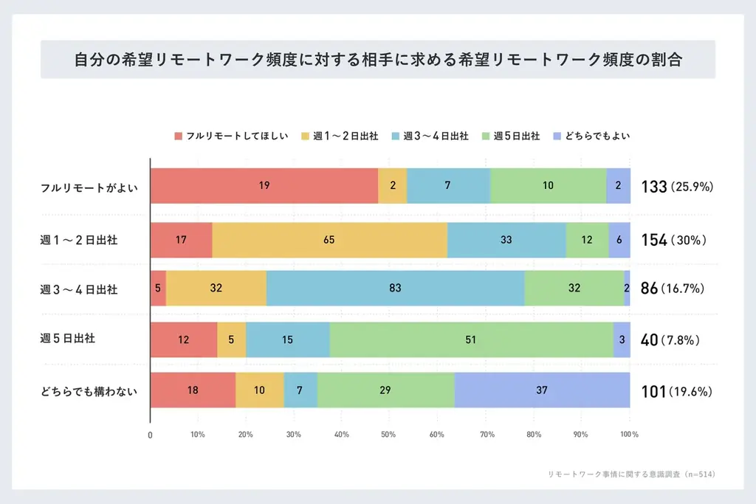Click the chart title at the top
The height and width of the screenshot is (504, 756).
[377, 60]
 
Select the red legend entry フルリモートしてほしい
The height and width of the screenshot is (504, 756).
[230, 137]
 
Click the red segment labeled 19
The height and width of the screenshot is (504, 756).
[264, 186]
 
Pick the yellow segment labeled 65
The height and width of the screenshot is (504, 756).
[329, 240]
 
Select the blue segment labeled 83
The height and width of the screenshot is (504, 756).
[395, 288]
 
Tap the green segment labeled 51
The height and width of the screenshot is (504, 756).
[471, 339]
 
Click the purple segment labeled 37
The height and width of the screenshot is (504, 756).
[542, 390]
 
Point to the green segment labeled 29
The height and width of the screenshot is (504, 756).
[385, 390]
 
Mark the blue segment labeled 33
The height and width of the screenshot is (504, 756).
[506, 240]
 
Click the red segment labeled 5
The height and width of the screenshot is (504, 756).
[158, 288]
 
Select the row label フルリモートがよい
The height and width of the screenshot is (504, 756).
[78, 187]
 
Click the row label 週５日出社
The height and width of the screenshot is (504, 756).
[68, 339]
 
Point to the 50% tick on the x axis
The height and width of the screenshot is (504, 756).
[389, 434]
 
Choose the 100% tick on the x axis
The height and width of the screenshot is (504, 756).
[629, 434]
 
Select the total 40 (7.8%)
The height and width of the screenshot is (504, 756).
[670, 340]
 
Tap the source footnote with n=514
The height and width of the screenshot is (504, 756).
[631, 474]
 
